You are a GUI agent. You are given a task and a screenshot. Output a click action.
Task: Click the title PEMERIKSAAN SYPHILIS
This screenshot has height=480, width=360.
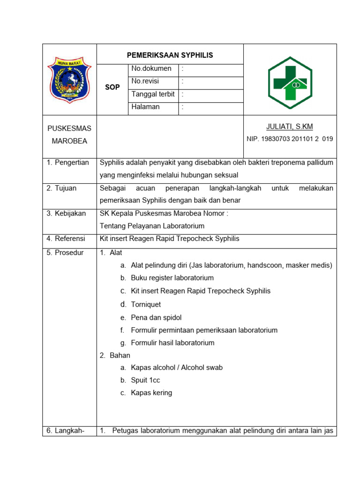[170, 55]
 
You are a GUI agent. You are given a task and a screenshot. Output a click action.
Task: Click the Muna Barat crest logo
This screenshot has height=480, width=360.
[69, 79]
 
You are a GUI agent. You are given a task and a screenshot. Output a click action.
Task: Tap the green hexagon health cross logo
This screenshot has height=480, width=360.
[290, 82]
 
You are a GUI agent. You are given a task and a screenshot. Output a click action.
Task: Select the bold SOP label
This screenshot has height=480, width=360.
[112, 87]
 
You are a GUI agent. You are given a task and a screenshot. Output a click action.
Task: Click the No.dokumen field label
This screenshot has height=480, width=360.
[151, 68]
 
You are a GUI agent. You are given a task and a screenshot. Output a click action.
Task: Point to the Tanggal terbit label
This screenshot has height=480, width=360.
[153, 94]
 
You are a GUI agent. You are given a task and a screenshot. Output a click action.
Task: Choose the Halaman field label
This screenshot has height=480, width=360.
[145, 107]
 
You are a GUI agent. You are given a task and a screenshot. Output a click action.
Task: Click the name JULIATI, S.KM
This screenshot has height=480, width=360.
[289, 127]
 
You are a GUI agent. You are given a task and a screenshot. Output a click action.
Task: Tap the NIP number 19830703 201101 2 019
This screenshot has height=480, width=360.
[290, 139]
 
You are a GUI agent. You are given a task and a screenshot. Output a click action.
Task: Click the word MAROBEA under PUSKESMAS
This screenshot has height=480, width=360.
[69, 141]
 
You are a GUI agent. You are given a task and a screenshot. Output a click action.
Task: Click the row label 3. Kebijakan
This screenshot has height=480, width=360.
[66, 213]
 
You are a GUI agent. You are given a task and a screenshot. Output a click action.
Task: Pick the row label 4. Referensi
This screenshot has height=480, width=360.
[66, 239]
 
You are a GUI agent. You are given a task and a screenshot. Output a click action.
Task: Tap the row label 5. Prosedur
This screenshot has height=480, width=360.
[65, 253]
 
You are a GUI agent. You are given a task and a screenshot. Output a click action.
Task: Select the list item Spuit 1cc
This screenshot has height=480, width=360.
[145, 380]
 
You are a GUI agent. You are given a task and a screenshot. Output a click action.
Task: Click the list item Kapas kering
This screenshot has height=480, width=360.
[151, 393]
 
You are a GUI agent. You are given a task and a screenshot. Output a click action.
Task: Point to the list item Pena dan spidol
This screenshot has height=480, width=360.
[156, 317]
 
